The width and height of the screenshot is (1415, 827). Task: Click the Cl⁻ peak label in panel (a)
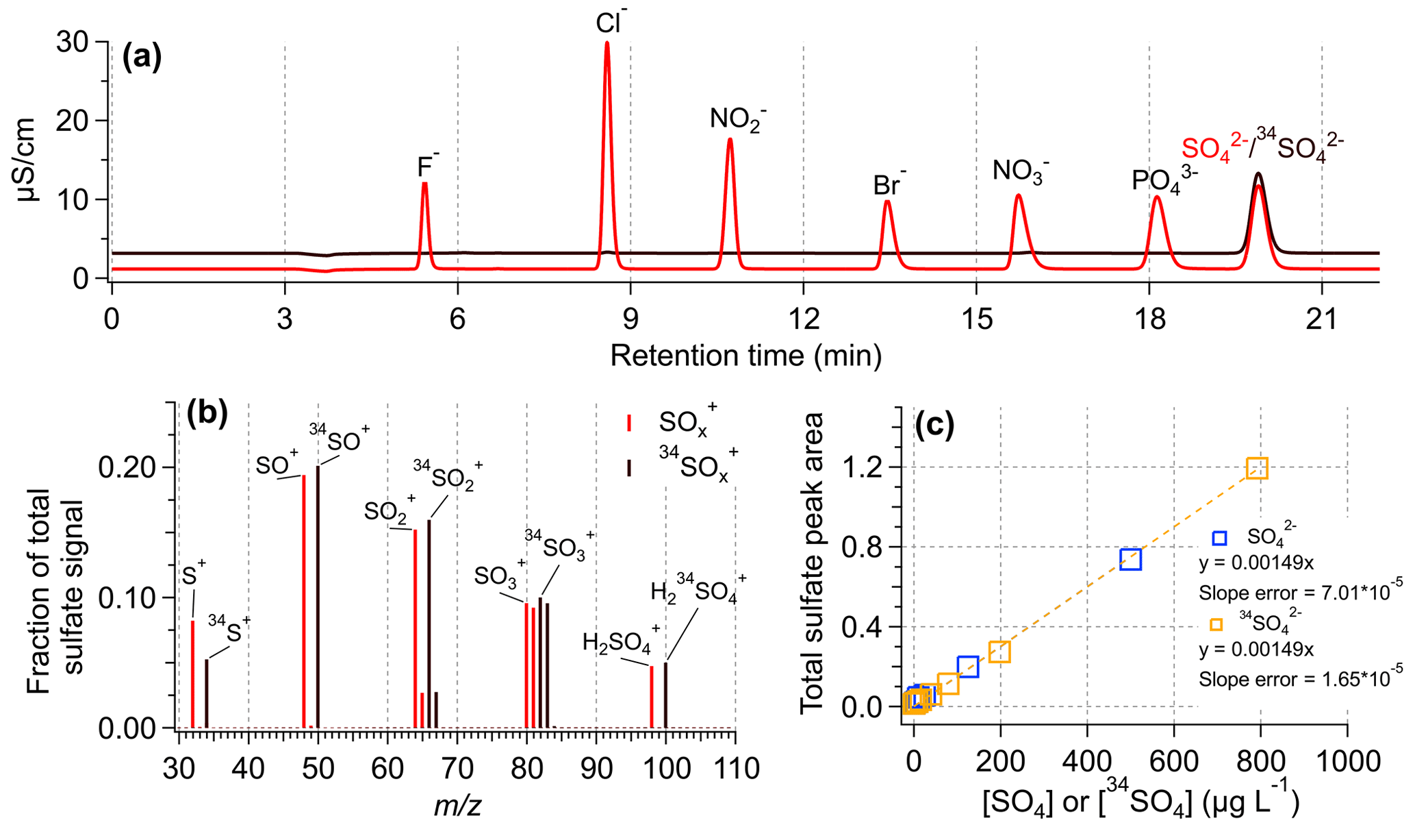coord(611,23)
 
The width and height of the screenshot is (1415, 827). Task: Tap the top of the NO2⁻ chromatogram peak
coord(730,140)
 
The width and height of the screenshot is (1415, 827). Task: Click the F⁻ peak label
coord(428,166)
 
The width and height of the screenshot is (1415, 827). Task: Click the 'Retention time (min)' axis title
coord(745,356)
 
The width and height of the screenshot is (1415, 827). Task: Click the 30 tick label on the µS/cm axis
coord(72,42)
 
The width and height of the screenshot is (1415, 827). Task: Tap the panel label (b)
coord(207,415)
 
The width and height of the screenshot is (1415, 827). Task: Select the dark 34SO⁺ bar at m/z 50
coord(318,596)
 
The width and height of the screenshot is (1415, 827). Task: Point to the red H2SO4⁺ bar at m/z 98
coord(652,695)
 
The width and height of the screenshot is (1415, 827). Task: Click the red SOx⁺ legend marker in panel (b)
coord(628,423)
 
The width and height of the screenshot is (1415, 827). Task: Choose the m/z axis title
coord(457,806)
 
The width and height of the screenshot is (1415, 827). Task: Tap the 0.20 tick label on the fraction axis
coord(126,467)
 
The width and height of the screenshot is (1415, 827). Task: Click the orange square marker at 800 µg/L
coord(1257,468)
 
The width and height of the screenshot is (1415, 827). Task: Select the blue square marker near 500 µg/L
coord(1131,559)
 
